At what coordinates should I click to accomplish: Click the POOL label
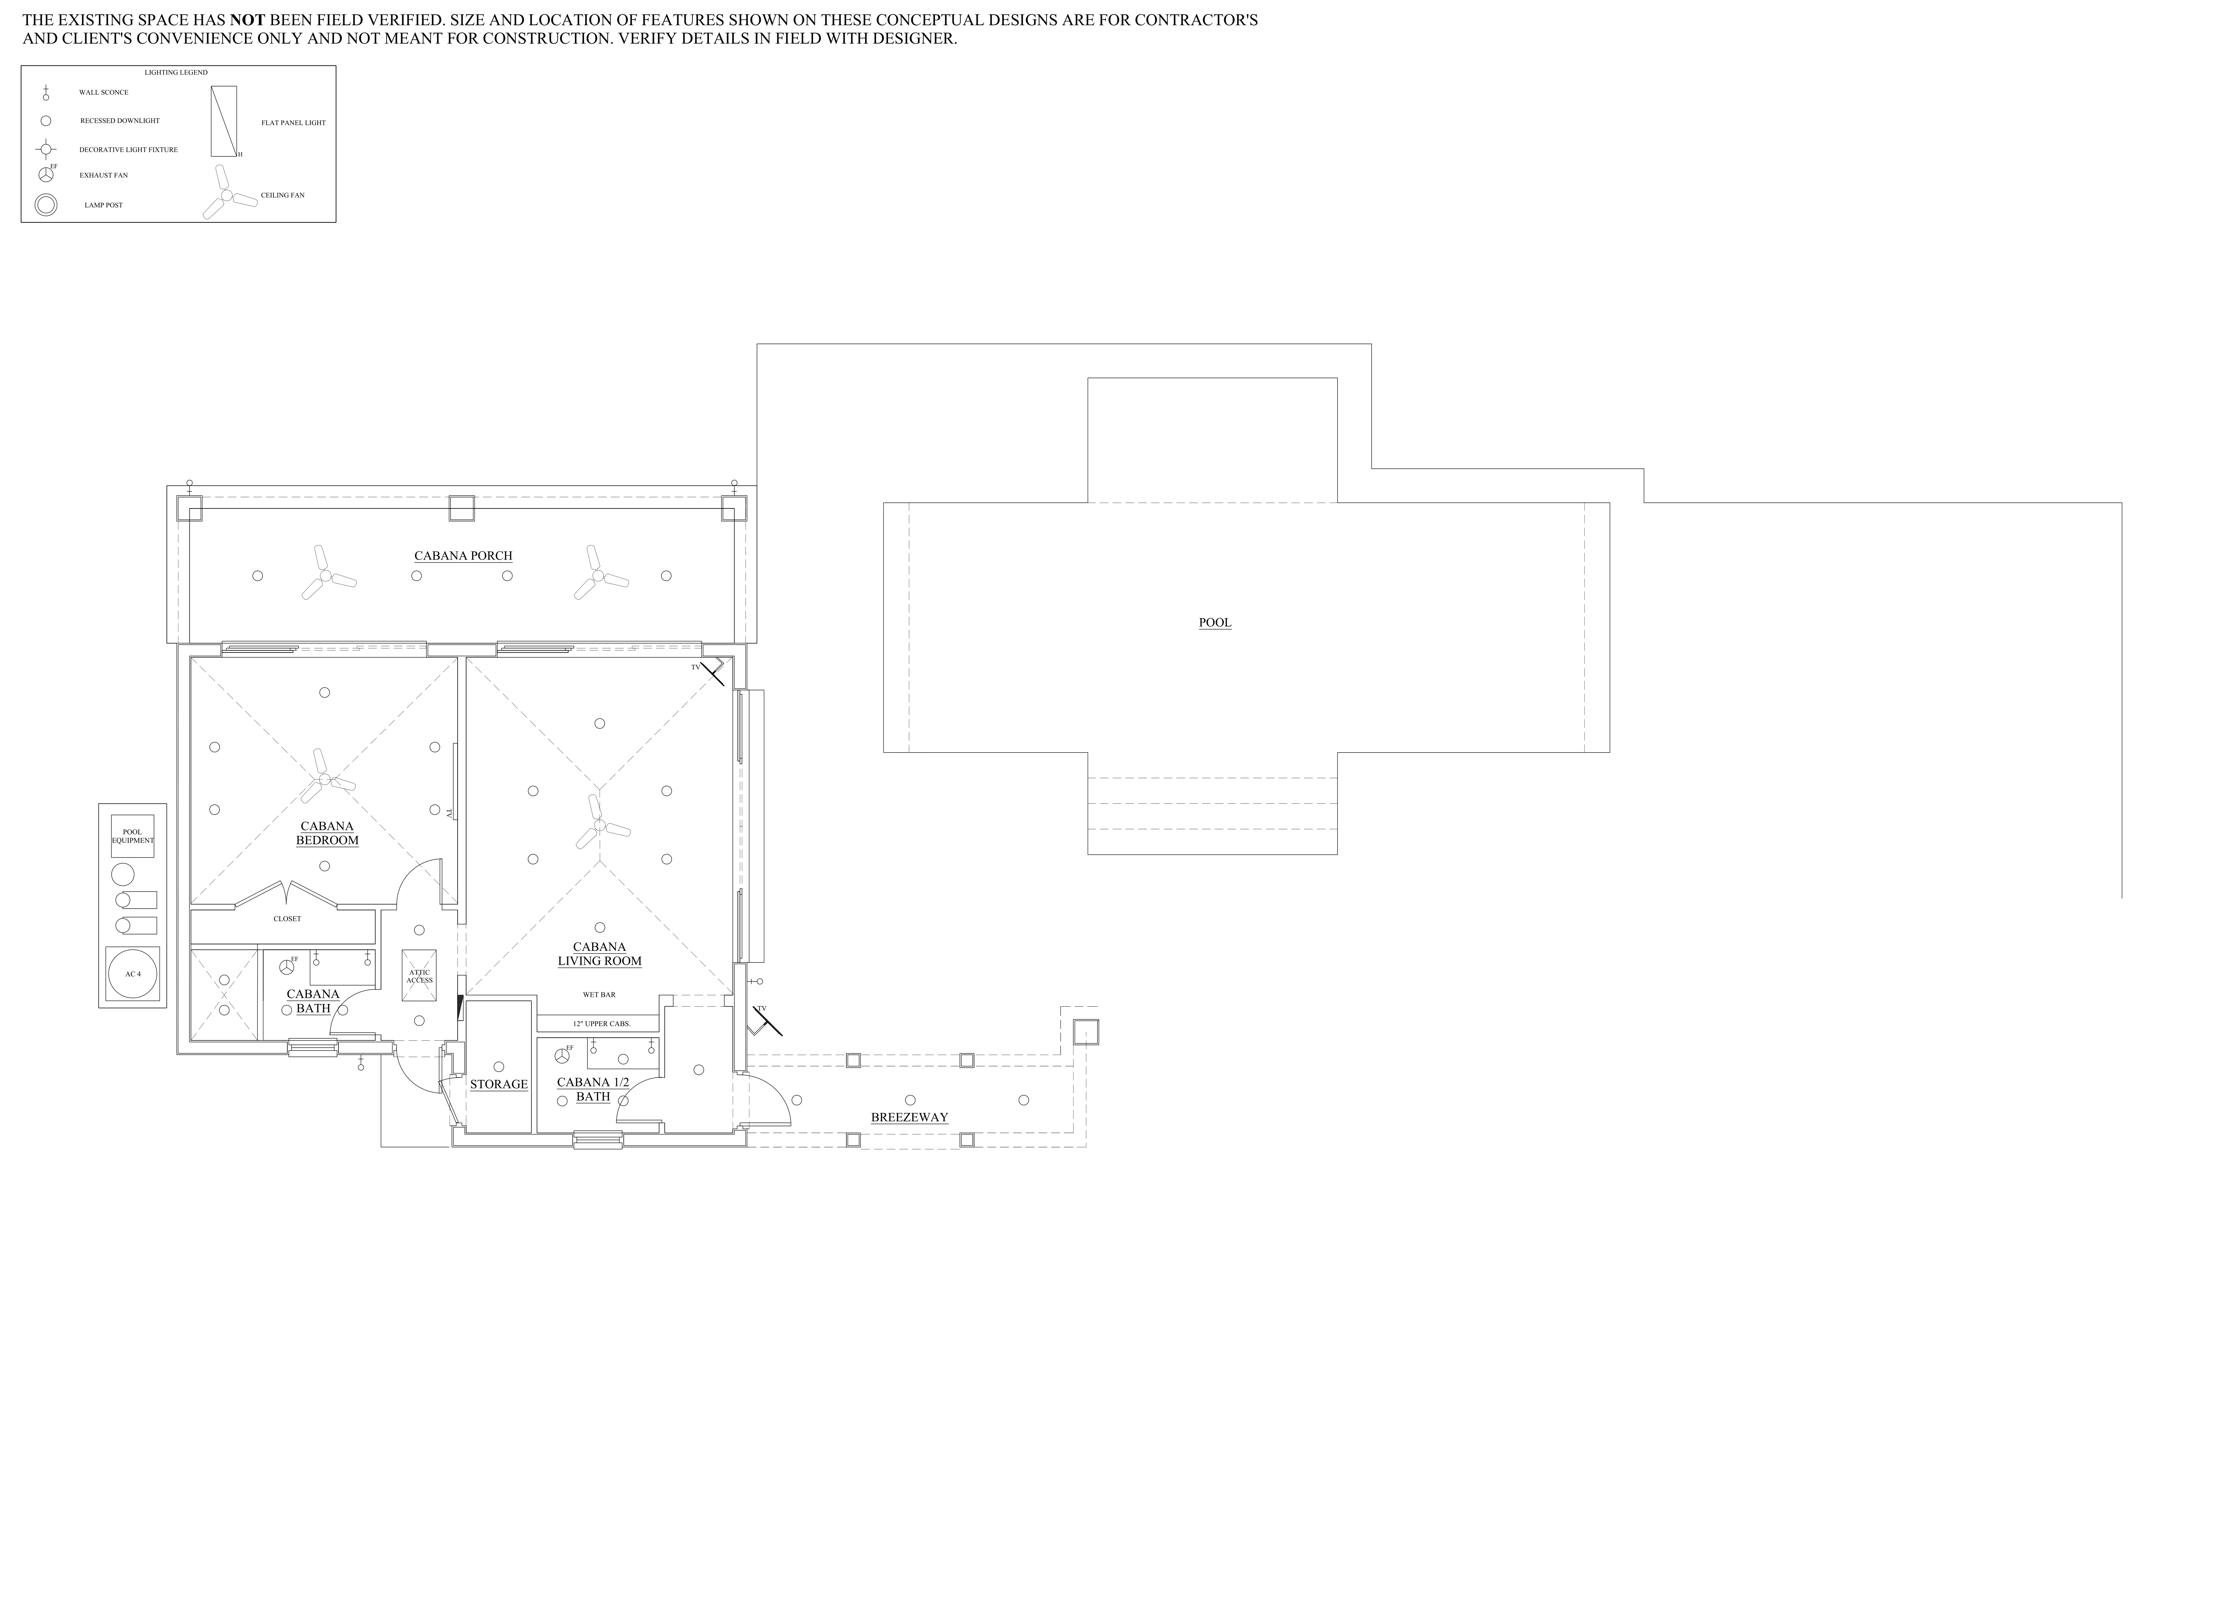[1215, 622]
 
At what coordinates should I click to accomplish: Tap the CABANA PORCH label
[463, 556]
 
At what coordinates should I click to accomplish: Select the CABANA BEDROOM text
[327, 833]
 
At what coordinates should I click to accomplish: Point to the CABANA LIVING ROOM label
[600, 954]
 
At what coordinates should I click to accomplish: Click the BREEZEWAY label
[909, 1117]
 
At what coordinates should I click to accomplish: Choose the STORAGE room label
[499, 1084]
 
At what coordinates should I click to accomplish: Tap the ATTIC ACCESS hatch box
[419, 975]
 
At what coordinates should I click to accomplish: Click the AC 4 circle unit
[132, 974]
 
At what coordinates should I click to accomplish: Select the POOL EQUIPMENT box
[132, 836]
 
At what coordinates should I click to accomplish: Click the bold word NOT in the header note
[248, 20]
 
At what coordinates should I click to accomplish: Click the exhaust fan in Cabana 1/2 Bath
[561, 1055]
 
